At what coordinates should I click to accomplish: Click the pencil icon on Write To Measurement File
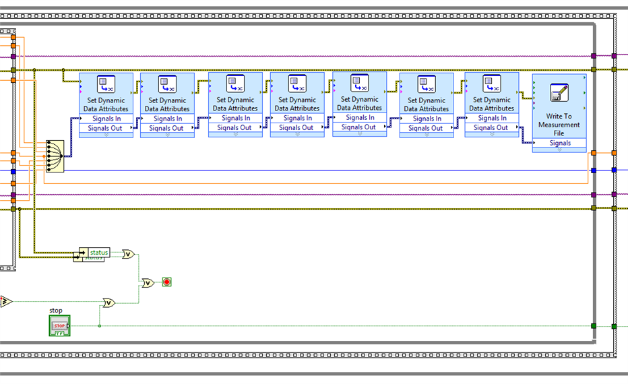pyautogui.click(x=559, y=92)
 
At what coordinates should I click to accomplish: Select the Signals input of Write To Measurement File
pyautogui.click(x=559, y=143)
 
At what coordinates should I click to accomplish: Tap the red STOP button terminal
pyautogui.click(x=59, y=327)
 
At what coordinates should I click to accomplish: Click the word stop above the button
pyautogui.click(x=56, y=311)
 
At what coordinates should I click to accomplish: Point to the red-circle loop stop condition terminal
pyautogui.click(x=166, y=282)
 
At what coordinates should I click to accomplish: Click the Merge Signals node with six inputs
pyautogui.click(x=54, y=156)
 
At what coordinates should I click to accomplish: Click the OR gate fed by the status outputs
pyautogui.click(x=128, y=254)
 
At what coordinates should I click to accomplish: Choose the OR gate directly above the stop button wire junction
pyautogui.click(x=108, y=303)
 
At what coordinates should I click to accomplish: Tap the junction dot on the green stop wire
pyautogui.click(x=100, y=326)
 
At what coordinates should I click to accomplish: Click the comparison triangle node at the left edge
pyautogui.click(x=5, y=301)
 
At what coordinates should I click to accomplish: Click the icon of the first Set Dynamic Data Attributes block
pyautogui.click(x=106, y=84)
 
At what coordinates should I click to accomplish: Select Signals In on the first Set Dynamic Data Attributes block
pyautogui.click(x=106, y=119)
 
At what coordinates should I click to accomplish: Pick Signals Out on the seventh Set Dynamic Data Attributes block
pyautogui.click(x=492, y=127)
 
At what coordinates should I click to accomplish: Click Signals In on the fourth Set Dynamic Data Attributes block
pyautogui.click(x=297, y=119)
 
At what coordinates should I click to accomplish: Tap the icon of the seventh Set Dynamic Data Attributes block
pyautogui.click(x=492, y=84)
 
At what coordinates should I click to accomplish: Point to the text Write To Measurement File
pyautogui.click(x=559, y=125)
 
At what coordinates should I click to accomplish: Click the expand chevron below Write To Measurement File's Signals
pyautogui.click(x=559, y=150)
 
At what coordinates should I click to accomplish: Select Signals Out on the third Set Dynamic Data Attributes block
pyautogui.click(x=235, y=127)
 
